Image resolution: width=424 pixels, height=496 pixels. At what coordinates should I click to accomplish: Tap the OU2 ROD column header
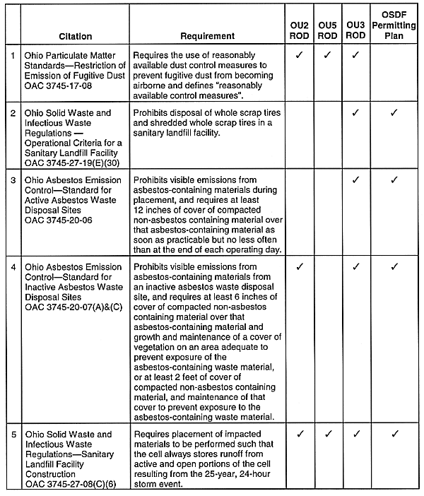click(x=300, y=30)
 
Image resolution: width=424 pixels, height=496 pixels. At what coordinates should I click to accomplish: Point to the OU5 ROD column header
click(x=328, y=30)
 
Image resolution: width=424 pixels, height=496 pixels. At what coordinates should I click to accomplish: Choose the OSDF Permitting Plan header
click(x=394, y=25)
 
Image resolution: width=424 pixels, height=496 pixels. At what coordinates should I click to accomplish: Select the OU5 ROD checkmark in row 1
click(x=328, y=54)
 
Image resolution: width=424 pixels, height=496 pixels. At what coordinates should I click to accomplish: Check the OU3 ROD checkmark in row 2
click(x=355, y=112)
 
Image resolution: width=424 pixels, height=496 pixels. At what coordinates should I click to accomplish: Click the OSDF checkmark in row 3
click(x=394, y=180)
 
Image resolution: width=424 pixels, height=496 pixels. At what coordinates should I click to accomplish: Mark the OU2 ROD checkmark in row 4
click(x=300, y=267)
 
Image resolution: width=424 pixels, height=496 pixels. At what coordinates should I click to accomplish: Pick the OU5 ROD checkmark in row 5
click(x=328, y=433)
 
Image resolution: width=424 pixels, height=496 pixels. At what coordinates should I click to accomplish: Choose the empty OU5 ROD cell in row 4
click(x=328, y=341)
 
